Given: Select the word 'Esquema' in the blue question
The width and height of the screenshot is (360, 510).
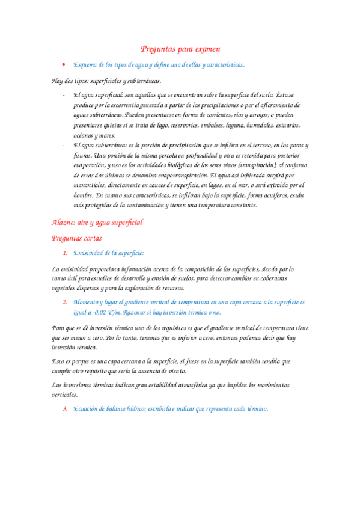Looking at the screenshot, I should coord(84,64).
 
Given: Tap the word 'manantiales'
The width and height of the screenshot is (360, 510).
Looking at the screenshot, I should coord(91,185).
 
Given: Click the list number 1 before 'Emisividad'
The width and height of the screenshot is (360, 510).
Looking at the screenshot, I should coord(65,253).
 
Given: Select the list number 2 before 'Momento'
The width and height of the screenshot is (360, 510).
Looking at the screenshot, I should coord(65,302).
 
